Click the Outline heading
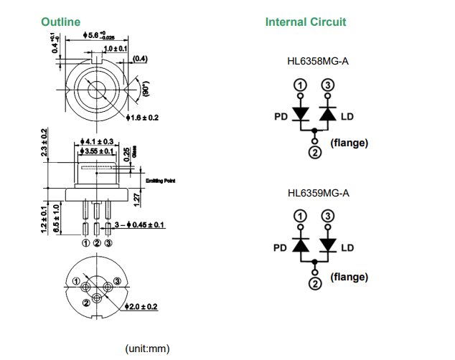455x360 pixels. tap(60, 22)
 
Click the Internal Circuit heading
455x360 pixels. tap(305, 22)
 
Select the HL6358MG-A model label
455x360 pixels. tap(317, 61)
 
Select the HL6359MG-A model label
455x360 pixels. tap(317, 193)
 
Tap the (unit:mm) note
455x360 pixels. tap(147, 349)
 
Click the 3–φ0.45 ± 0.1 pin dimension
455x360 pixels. tap(138, 225)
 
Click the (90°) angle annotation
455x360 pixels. tap(144, 88)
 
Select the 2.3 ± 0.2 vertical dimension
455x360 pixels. tap(45, 143)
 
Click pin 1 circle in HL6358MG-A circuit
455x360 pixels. tap(301, 86)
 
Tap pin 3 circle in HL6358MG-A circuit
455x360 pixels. tap(328, 86)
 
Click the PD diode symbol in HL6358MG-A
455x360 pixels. tap(301, 115)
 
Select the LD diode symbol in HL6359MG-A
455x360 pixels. tap(328, 246)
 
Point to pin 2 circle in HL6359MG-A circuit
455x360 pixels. tap(314, 284)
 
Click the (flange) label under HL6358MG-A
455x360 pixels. tap(349, 143)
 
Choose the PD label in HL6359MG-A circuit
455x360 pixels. tap(281, 248)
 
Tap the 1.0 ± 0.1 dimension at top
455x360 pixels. tap(115, 48)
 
